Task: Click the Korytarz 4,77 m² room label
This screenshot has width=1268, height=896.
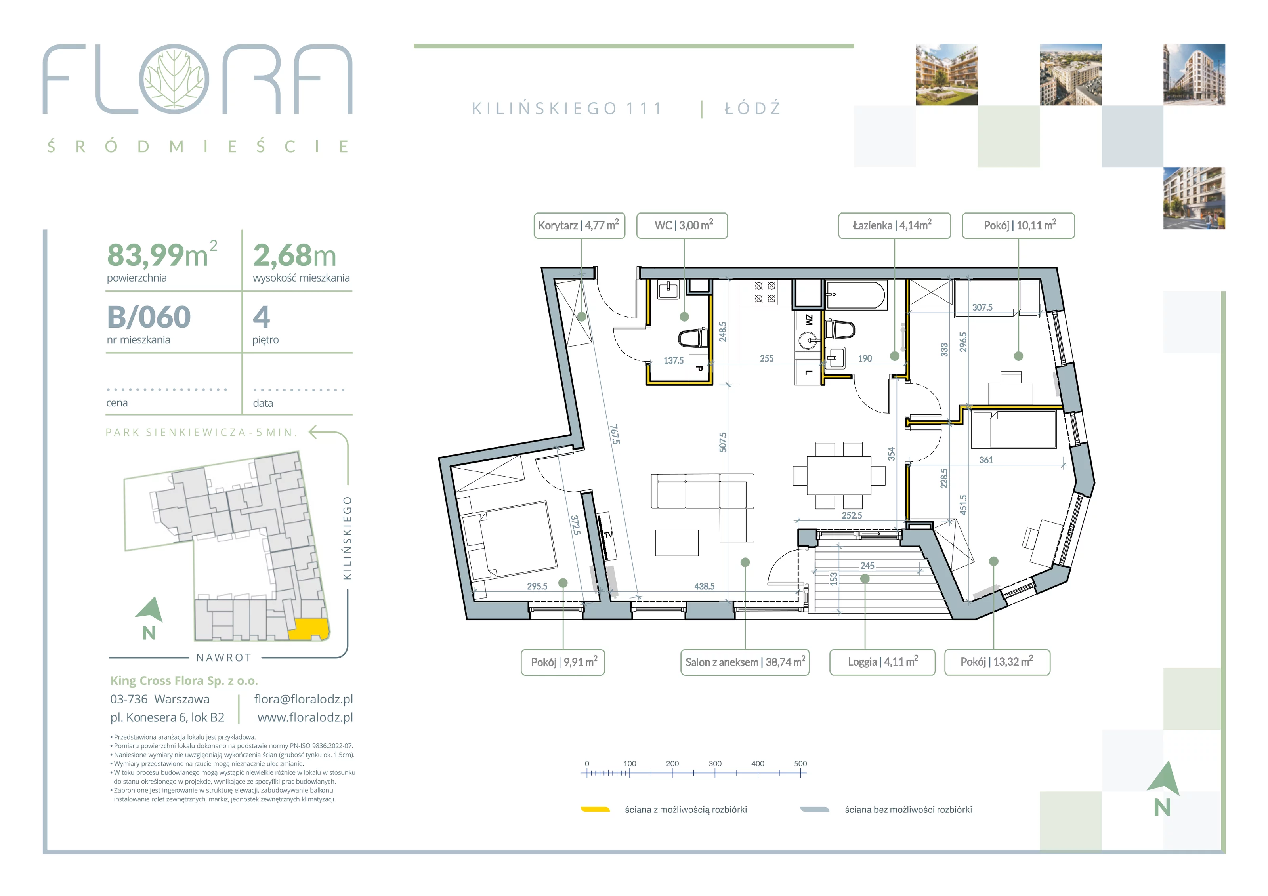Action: tap(579, 225)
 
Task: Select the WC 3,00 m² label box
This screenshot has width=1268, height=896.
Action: tap(682, 225)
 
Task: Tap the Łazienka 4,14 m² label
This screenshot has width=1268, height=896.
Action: tap(894, 225)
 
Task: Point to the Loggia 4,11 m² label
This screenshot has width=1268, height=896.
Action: tap(882, 662)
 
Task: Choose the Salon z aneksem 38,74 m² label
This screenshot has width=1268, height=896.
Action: tap(745, 662)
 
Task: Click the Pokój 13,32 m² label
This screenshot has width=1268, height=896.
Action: tap(997, 662)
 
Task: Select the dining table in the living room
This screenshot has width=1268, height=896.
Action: tap(838, 475)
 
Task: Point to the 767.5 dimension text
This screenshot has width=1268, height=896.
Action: tap(615, 434)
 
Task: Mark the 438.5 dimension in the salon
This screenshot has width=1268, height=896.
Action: tap(704, 586)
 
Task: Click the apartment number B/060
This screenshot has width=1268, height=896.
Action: tap(149, 317)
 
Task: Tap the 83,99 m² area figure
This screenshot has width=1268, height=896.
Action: tap(162, 255)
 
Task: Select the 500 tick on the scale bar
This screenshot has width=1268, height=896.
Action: tap(800, 764)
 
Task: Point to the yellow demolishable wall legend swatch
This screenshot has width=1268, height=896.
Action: tap(595, 810)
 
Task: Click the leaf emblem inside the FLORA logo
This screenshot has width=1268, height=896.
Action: tap(174, 79)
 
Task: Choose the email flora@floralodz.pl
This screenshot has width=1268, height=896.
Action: tap(303, 700)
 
